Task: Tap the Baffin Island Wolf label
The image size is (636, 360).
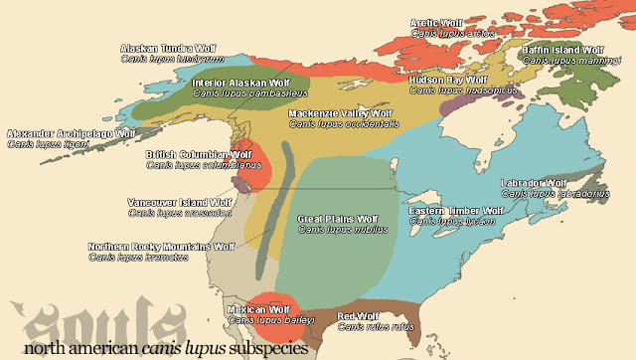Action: (x=562, y=49)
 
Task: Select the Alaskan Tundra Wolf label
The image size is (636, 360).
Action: (x=168, y=48)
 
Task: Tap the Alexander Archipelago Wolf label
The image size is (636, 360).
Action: (x=71, y=133)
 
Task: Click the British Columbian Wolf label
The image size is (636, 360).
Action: (x=199, y=155)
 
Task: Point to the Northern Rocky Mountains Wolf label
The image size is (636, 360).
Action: (x=162, y=246)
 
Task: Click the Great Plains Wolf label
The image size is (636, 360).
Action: (x=338, y=217)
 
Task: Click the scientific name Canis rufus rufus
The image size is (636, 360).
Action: (x=376, y=326)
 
